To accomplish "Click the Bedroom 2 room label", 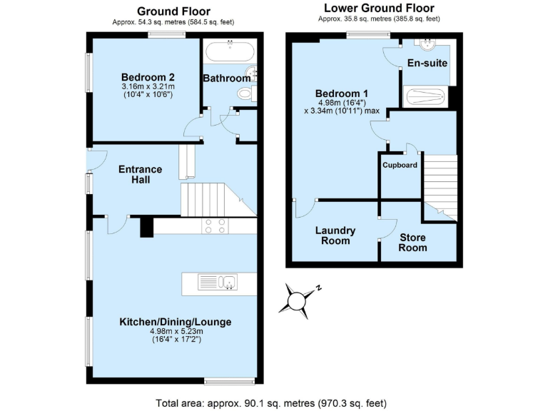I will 148,78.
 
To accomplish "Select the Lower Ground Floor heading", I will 380,9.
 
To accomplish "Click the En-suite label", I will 427,64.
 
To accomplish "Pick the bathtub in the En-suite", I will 425,96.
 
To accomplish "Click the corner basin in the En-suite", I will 429,44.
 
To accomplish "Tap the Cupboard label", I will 400,165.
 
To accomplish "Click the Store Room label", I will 413,243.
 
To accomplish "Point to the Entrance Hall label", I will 140,175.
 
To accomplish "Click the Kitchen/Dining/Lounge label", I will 176,322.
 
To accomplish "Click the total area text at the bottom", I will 271,403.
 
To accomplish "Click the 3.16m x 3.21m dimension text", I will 148,87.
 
